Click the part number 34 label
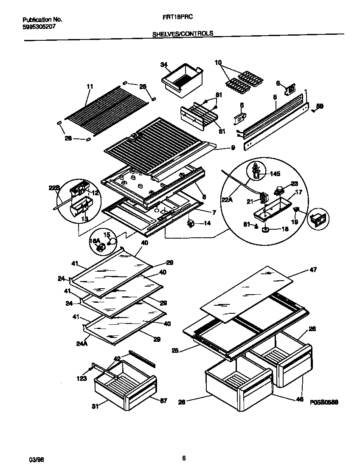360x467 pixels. pos(163,65)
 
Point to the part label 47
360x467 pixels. pos(313,270)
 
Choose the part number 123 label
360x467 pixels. pos(82,378)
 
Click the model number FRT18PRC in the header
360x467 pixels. pos(176,20)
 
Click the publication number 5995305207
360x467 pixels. pos(39,26)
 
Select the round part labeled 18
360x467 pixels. pos(266,230)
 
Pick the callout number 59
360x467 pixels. pos(320,107)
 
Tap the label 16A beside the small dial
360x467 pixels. pos(94,241)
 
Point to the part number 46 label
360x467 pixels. pos(301,399)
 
